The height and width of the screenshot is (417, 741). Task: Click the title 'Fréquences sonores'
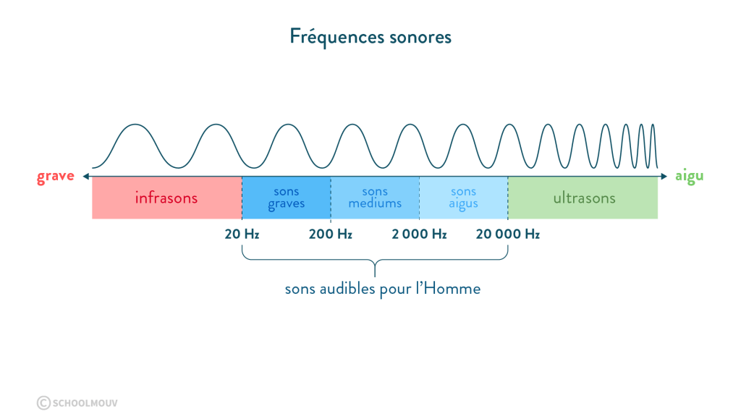pyautogui.click(x=370, y=36)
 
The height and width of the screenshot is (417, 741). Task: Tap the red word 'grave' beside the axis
pyautogui.click(x=56, y=176)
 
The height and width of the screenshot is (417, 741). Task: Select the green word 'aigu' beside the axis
pyautogui.click(x=689, y=176)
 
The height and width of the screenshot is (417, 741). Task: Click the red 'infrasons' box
pyautogui.click(x=166, y=198)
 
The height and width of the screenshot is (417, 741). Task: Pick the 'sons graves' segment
pyautogui.click(x=287, y=198)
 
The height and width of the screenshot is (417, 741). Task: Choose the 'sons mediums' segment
pyautogui.click(x=375, y=198)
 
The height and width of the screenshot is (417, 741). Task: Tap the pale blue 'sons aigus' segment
pyautogui.click(x=464, y=198)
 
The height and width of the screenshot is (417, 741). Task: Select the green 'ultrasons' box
pyautogui.click(x=583, y=198)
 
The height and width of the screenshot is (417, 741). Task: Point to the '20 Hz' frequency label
pyautogui.click(x=242, y=235)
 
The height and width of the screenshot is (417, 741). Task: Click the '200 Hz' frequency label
pyautogui.click(x=331, y=235)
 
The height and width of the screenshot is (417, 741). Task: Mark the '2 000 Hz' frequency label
pyautogui.click(x=419, y=235)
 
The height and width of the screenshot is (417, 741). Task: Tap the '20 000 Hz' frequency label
pyautogui.click(x=508, y=235)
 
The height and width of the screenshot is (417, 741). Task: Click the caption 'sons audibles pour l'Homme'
pyautogui.click(x=382, y=289)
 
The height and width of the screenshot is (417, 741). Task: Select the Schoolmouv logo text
pyautogui.click(x=85, y=403)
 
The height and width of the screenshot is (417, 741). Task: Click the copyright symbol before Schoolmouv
pyautogui.click(x=43, y=403)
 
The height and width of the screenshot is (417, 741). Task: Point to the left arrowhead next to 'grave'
pyautogui.click(x=85, y=176)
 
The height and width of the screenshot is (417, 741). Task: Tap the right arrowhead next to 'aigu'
pyautogui.click(x=664, y=176)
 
